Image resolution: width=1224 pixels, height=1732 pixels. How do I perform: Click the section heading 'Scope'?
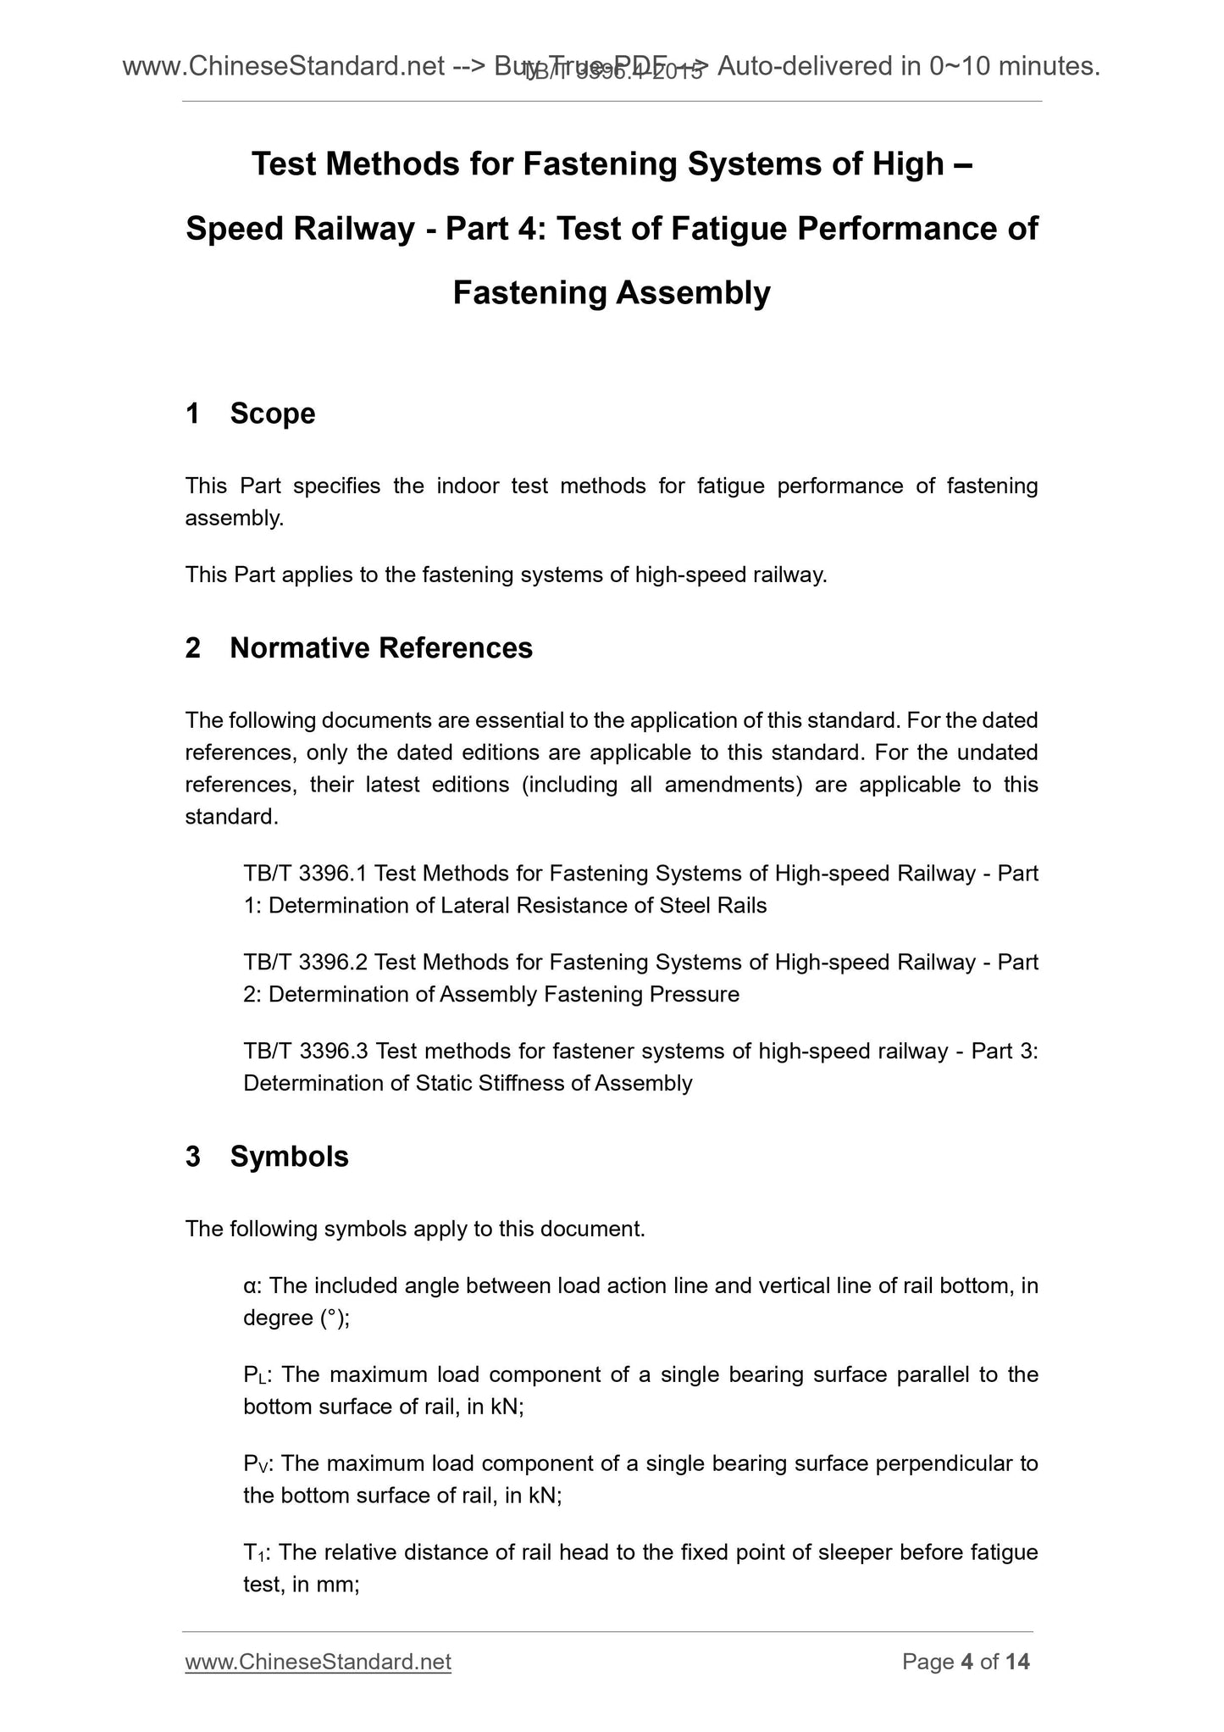pos(272,414)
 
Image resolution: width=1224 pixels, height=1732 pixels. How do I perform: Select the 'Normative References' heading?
pos(381,647)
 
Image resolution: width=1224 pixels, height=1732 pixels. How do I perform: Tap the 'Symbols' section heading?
pos(289,1157)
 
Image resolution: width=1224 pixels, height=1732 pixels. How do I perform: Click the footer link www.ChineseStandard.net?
pos(318,1663)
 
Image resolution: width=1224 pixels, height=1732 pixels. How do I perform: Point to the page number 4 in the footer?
pos(966,1663)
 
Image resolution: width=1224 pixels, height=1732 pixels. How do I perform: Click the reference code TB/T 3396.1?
pos(305,874)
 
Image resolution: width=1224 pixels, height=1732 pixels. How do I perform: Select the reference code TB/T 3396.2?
pos(305,963)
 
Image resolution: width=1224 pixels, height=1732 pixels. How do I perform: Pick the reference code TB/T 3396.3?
pos(305,1052)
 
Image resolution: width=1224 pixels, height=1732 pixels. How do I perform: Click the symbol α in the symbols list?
pos(251,1286)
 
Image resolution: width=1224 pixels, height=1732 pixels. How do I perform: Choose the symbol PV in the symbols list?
pos(255,1464)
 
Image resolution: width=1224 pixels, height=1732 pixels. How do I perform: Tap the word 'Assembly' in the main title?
pos(693,293)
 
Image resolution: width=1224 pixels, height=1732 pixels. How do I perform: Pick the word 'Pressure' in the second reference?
pos(694,995)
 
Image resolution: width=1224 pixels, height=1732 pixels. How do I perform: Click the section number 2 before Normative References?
pos(193,647)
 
